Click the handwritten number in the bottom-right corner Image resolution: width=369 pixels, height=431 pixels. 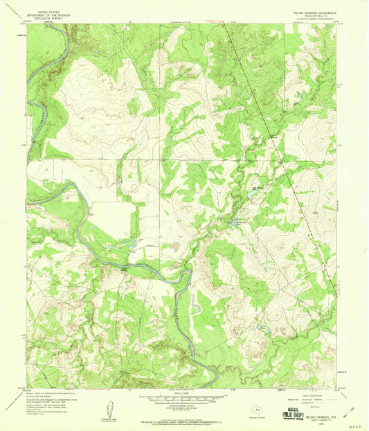point(354,419)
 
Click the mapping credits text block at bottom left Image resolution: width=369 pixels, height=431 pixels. point(55,401)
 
